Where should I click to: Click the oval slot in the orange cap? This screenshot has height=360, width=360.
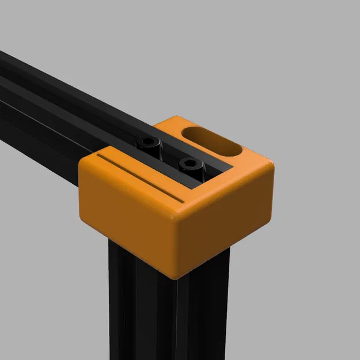(x=212, y=142)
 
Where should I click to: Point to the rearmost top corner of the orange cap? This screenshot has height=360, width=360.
(x=173, y=119)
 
